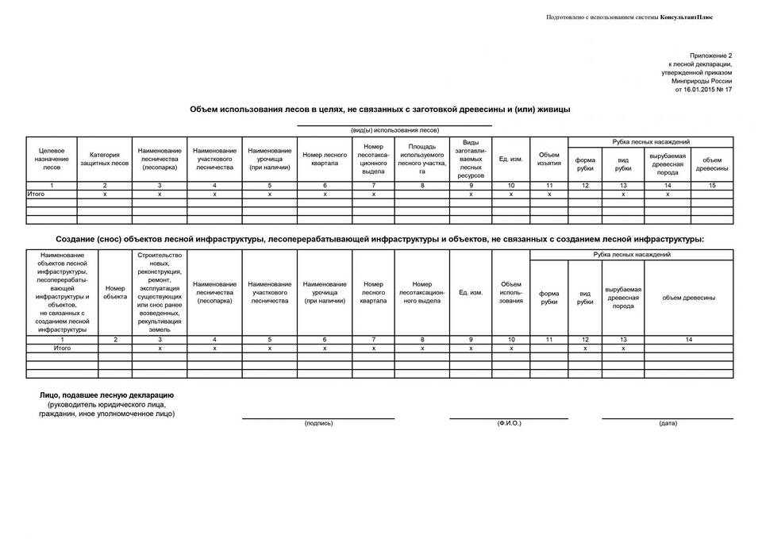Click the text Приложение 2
click(x=710, y=56)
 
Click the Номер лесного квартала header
click(x=325, y=159)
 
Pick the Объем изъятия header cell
click(x=549, y=159)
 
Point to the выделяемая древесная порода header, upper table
click(x=667, y=164)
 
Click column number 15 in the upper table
click(x=711, y=185)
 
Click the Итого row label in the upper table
click(x=37, y=194)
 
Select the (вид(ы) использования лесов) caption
click(x=394, y=130)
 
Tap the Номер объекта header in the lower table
click(x=115, y=292)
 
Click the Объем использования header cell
click(x=511, y=292)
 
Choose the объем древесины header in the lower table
click(x=688, y=297)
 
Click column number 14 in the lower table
click(x=688, y=339)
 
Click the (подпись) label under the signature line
click(x=318, y=423)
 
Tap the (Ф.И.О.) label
click(x=509, y=423)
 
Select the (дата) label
click(x=668, y=423)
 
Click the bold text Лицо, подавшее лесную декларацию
click(x=106, y=395)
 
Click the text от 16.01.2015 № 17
click(x=702, y=90)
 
